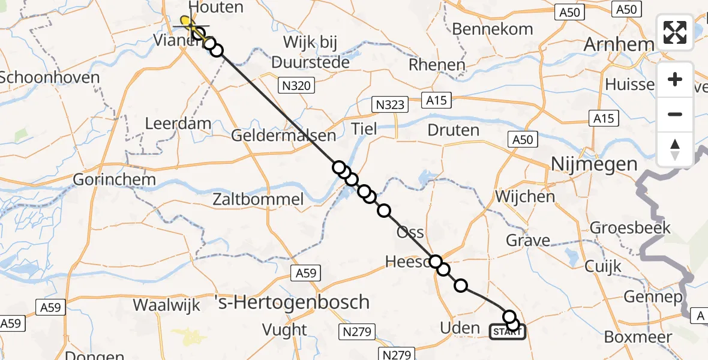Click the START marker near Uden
pos(508,331)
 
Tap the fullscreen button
pos(675,32)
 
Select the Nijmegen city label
pos(594,164)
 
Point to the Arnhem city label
pos(619,45)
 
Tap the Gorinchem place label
pos(114,179)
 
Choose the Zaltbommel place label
pos(258,199)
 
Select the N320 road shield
pos(296,86)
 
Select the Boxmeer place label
pos(637,337)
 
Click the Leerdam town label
pos(179,124)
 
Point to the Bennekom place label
pos(493,29)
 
